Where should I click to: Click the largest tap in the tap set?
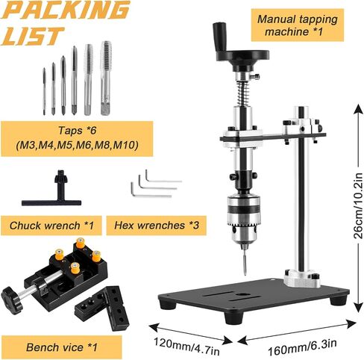(x=106, y=78)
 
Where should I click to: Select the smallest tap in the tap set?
(x=44, y=91)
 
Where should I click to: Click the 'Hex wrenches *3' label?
(x=157, y=226)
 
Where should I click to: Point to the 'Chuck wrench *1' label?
(x=51, y=226)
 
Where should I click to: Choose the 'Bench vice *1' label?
(x=62, y=347)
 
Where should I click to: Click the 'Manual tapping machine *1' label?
(x=298, y=25)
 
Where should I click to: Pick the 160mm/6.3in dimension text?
(x=302, y=347)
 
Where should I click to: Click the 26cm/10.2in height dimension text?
(x=358, y=205)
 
